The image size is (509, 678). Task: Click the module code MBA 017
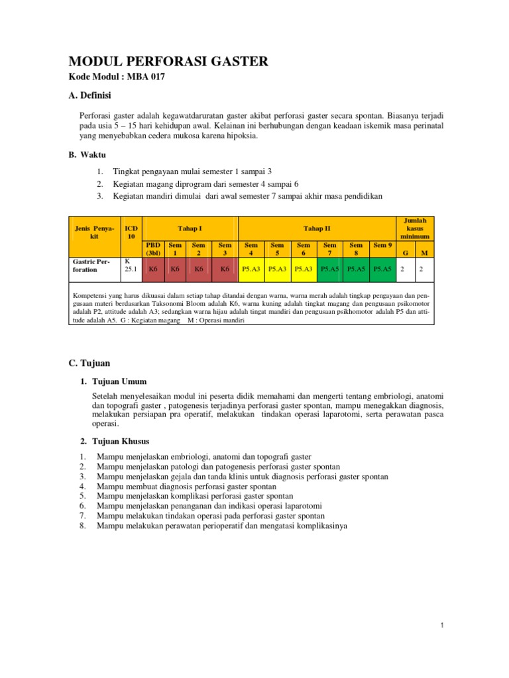[117, 77]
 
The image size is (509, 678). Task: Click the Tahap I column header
[190, 228]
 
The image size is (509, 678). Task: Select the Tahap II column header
[317, 228]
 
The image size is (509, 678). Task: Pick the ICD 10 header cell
[131, 232]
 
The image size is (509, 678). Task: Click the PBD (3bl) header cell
[154, 249]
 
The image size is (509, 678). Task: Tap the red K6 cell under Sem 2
[199, 269]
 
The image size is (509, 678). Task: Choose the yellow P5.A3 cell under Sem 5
[277, 269]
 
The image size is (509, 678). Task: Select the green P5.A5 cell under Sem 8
[356, 269]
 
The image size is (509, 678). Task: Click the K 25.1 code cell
[131, 266]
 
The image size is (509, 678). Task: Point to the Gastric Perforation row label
[93, 266]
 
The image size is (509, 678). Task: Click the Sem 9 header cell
[382, 245]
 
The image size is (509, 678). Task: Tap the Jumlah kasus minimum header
[415, 228]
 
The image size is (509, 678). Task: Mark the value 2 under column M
[424, 269]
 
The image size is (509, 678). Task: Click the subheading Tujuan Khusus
[120, 441]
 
